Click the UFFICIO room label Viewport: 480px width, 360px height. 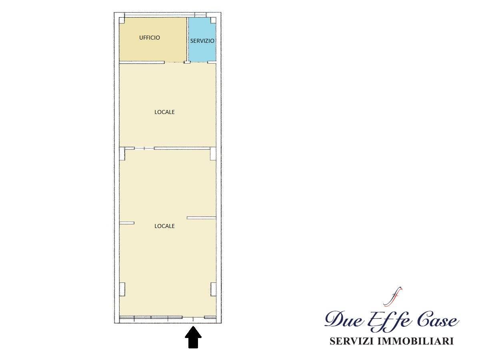(150, 38)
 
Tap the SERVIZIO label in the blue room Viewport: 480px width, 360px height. (202, 41)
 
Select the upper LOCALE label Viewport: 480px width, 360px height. (164, 112)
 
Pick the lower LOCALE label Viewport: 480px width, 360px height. (164, 226)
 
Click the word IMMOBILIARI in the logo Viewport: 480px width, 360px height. (416, 341)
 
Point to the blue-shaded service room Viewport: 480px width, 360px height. (202, 39)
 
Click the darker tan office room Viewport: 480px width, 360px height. (153, 39)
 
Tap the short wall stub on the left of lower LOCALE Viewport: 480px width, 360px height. (127, 223)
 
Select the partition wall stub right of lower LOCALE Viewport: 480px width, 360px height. (202, 218)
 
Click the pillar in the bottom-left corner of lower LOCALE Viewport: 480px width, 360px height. (122, 289)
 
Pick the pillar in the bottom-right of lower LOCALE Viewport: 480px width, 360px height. (213, 289)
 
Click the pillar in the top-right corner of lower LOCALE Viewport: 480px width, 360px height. (213, 154)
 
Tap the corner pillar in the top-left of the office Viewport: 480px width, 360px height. (122, 20)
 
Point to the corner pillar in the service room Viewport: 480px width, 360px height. (213, 20)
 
